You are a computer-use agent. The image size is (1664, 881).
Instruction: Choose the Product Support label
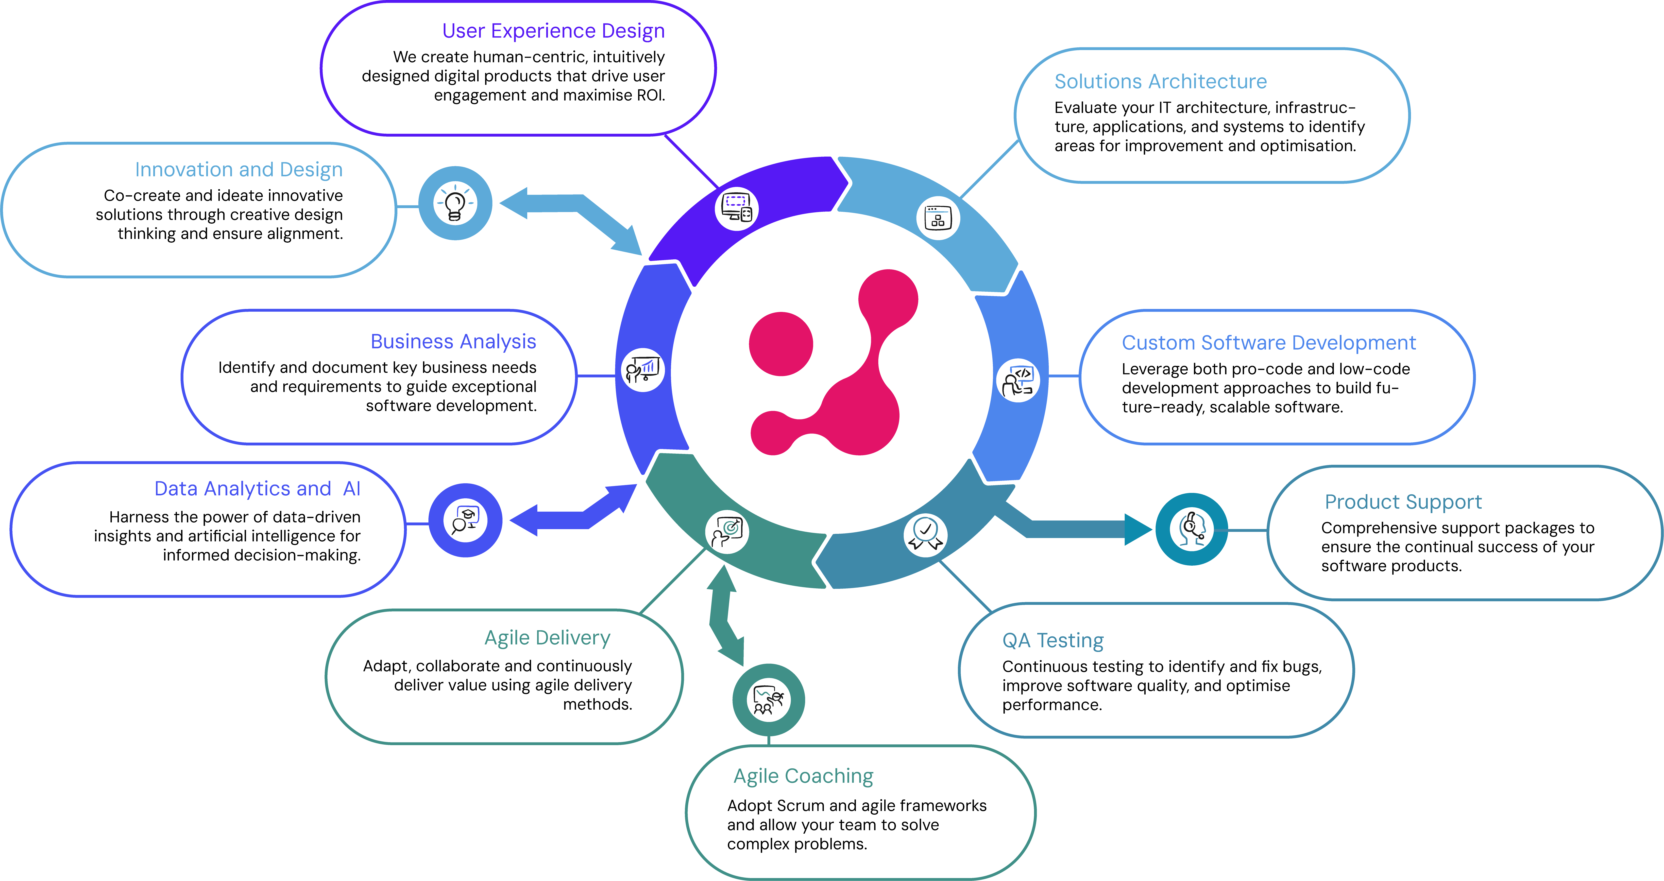pyautogui.click(x=1403, y=502)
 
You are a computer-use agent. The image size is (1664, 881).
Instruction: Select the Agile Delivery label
pyautogui.click(x=547, y=638)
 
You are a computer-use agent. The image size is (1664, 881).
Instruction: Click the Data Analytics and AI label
pyautogui.click(x=257, y=489)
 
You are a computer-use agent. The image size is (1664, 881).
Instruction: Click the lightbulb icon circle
pyautogui.click(x=455, y=203)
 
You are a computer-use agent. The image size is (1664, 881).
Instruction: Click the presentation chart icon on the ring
pyautogui.click(x=643, y=370)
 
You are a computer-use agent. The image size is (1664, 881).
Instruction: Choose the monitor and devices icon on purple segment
pyautogui.click(x=736, y=208)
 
